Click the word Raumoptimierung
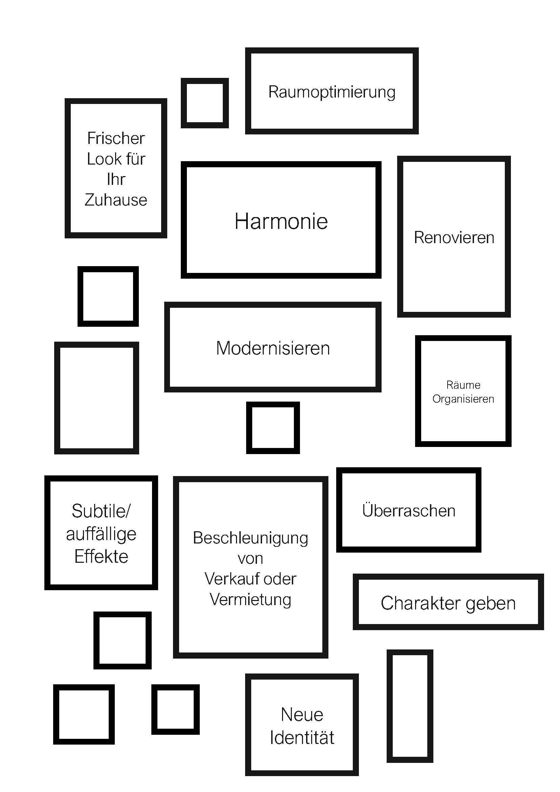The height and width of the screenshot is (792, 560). (x=332, y=92)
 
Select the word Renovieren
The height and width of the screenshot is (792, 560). (x=454, y=237)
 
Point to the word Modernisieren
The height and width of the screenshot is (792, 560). (x=273, y=348)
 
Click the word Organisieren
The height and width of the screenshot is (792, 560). (x=463, y=399)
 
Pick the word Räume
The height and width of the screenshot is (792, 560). (x=464, y=385)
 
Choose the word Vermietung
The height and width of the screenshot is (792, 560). (x=250, y=601)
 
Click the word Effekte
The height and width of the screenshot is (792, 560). (x=101, y=556)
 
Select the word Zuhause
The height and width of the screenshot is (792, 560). (x=116, y=200)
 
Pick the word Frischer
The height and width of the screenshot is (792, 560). (x=116, y=138)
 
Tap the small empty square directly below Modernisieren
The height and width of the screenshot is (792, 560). (x=249, y=428)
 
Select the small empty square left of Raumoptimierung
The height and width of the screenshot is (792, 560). (x=184, y=103)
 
